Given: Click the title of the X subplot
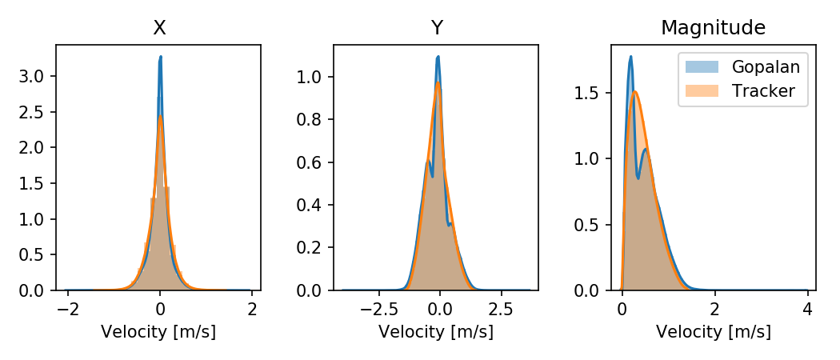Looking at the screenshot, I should tap(160, 28).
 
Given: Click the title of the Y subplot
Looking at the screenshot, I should tap(437, 28).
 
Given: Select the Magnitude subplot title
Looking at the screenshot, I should tap(714, 28).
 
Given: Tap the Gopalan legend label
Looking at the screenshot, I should tap(766, 67).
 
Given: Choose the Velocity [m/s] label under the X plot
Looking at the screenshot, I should tap(158, 332).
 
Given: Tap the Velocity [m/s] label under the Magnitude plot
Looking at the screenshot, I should tap(714, 332).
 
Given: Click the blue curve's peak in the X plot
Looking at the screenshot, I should tap(161, 57).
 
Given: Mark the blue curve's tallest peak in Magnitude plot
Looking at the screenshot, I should tap(630, 57).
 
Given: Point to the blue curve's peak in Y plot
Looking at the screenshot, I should tap(438, 57).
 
